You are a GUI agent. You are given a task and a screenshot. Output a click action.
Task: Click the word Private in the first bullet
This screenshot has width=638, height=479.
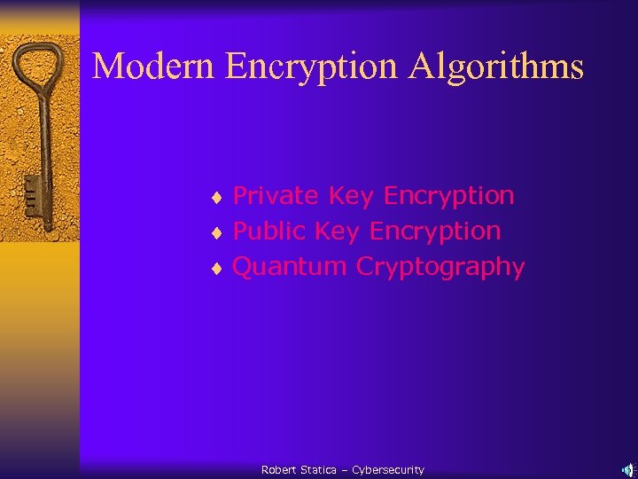(276, 195)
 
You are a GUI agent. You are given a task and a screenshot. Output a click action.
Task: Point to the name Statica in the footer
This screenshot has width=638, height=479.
(319, 470)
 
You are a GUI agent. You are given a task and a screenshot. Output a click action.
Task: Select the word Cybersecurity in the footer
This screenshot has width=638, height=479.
(388, 470)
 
